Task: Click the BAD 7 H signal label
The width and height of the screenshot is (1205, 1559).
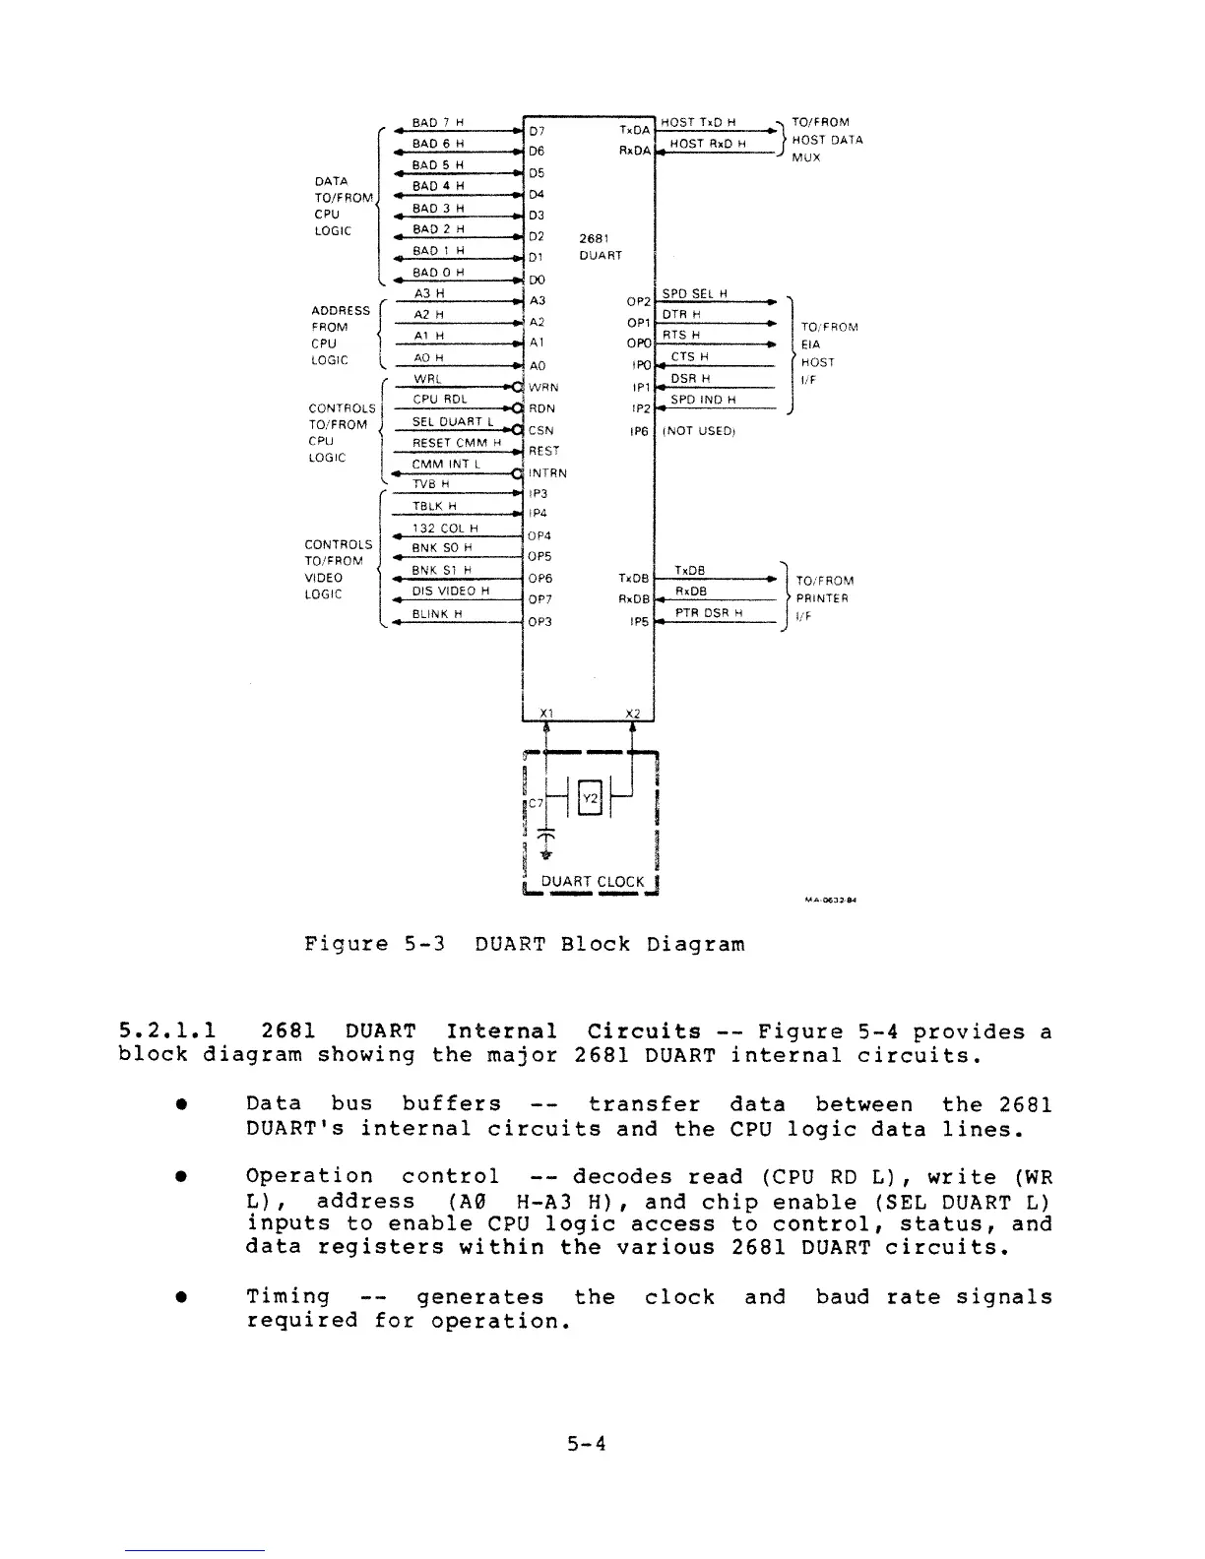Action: pyautogui.click(x=438, y=123)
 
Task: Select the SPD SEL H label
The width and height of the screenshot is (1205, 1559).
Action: pyautogui.click(x=694, y=293)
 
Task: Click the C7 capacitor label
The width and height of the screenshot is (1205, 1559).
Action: pyautogui.click(x=537, y=803)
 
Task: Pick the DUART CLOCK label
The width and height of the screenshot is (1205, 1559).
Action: pyautogui.click(x=593, y=882)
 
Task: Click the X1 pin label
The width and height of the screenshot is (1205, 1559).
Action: pyautogui.click(x=547, y=714)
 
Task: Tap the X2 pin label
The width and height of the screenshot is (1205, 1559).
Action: pyautogui.click(x=633, y=714)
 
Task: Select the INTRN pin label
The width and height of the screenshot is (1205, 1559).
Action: pyautogui.click(x=547, y=472)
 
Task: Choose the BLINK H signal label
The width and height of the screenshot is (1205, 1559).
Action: pyautogui.click(x=431, y=614)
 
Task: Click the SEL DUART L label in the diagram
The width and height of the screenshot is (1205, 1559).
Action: pyautogui.click(x=451, y=422)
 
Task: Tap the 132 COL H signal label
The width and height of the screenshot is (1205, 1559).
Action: pyautogui.click(x=445, y=529)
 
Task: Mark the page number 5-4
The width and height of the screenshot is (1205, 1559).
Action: pyautogui.click(x=587, y=1444)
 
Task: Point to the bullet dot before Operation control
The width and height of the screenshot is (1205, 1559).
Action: pyautogui.click(x=182, y=1177)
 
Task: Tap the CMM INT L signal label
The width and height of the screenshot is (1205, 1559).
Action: pyautogui.click(x=445, y=465)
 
